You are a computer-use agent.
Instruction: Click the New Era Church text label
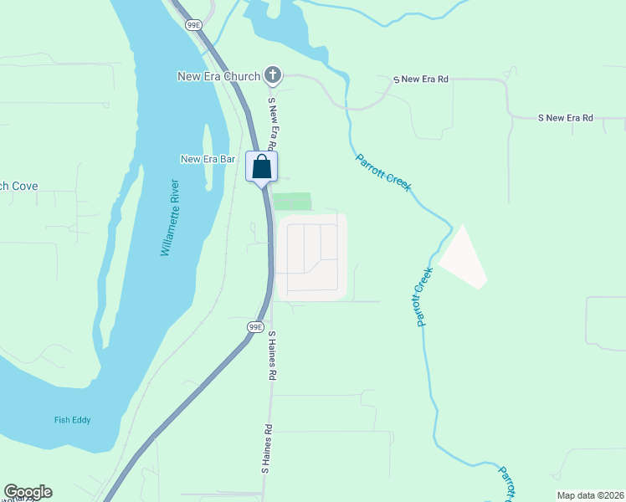pyautogui.click(x=218, y=76)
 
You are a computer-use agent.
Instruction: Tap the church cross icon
pyautogui.click(x=272, y=76)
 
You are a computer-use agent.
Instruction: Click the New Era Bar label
pyautogui.click(x=208, y=158)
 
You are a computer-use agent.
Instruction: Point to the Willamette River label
pyautogui.click(x=170, y=218)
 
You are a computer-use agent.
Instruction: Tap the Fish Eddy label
pyautogui.click(x=72, y=420)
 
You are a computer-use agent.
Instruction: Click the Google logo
pyautogui.click(x=28, y=492)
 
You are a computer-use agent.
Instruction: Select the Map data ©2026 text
pyautogui.click(x=590, y=495)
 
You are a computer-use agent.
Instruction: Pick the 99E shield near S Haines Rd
pyautogui.click(x=256, y=326)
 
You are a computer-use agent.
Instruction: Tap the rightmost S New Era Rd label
pyautogui.click(x=565, y=119)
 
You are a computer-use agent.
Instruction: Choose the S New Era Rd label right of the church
pyautogui.click(x=422, y=79)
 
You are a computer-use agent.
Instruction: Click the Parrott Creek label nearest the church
pyautogui.click(x=383, y=172)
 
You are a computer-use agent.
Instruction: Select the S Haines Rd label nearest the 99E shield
pyautogui.click(x=272, y=356)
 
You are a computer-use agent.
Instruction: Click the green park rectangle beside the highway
pyautogui.click(x=292, y=202)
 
